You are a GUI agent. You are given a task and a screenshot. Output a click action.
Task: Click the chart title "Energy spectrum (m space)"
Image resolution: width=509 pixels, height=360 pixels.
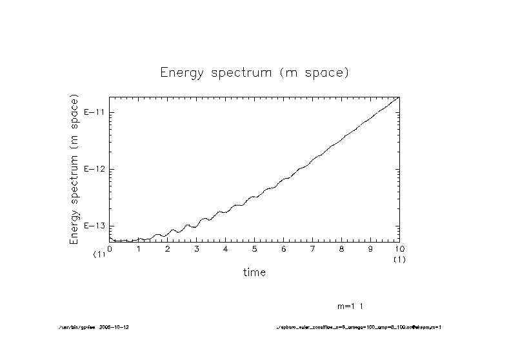coord(254,72)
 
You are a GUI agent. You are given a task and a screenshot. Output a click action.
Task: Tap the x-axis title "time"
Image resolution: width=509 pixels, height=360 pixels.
coord(254,272)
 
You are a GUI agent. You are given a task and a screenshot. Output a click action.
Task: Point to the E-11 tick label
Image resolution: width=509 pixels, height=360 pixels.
coord(94,113)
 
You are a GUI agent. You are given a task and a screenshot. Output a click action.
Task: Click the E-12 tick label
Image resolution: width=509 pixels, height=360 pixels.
coord(94,169)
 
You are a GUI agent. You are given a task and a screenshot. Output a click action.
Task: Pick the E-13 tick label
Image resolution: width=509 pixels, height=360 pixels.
coord(94,226)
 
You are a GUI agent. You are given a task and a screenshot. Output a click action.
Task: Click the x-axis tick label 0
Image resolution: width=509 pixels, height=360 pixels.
coord(110,248)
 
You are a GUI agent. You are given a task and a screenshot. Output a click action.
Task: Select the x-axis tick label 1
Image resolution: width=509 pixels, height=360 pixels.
coord(139,248)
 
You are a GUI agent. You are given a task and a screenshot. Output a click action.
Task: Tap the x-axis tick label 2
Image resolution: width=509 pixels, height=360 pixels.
coord(168,248)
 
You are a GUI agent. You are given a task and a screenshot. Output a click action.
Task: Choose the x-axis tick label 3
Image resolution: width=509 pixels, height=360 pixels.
coord(197,248)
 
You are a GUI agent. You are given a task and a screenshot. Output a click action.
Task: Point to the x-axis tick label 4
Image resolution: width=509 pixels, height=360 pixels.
coord(226,248)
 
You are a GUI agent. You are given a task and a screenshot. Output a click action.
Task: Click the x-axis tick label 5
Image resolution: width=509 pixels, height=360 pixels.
coord(255,248)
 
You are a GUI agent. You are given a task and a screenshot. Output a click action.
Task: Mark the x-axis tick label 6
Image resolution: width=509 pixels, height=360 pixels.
coord(284,248)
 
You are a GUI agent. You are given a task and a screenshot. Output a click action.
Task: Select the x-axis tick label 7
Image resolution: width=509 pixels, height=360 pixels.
coord(313,248)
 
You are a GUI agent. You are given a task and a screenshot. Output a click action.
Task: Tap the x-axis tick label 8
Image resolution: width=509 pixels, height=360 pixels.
coord(342,248)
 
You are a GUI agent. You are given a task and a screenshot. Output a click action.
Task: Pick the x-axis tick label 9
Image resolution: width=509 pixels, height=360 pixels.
coord(371,248)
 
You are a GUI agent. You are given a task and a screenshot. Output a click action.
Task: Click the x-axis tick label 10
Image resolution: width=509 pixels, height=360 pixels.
coord(399,248)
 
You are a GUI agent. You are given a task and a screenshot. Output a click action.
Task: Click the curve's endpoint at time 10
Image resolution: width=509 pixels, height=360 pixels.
coord(400,97)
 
